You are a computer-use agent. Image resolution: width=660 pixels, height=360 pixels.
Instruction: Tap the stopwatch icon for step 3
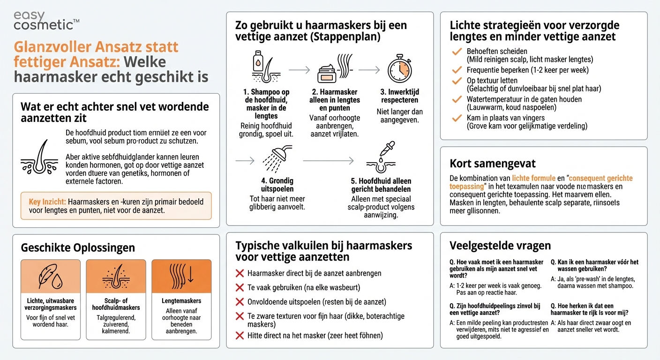pyautogui.click(x=399, y=70)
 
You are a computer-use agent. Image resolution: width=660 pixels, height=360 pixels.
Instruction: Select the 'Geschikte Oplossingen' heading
pyautogui.click(x=78, y=248)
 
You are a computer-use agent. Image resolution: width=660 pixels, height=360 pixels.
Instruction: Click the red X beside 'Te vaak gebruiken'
pyautogui.click(x=240, y=287)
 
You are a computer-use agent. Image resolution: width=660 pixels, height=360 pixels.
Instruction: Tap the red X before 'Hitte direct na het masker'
pyautogui.click(x=240, y=335)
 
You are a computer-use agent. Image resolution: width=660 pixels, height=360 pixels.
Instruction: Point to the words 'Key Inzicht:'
pyautogui.click(x=47, y=202)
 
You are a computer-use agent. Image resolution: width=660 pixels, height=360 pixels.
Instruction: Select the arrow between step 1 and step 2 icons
pyautogui.click(x=299, y=70)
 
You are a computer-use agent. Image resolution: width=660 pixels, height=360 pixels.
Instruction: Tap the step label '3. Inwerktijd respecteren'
pyautogui.click(x=399, y=96)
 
